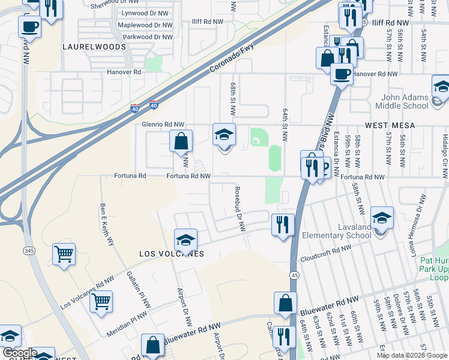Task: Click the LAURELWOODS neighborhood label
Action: [88, 46]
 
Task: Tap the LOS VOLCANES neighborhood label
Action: [172, 254]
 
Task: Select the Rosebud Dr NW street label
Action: [241, 208]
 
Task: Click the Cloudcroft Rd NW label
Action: [325, 251]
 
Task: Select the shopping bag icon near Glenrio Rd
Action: [181, 142]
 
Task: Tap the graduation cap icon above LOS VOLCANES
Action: [186, 240]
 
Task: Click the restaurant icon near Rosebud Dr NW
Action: [283, 225]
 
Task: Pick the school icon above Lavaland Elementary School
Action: [381, 218]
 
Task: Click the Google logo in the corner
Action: [19, 353]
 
